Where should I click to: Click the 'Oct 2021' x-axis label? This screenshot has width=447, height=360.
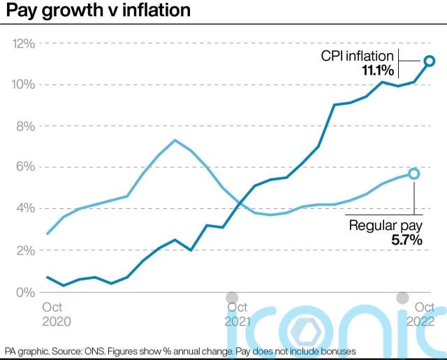pos(237,314)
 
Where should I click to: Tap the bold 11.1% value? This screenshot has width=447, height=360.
pos(378,71)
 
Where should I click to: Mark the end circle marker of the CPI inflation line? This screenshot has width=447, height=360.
pos(430,61)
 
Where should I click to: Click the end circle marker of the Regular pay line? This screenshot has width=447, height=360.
pos(413,173)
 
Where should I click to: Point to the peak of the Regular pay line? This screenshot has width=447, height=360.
pos(175,141)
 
